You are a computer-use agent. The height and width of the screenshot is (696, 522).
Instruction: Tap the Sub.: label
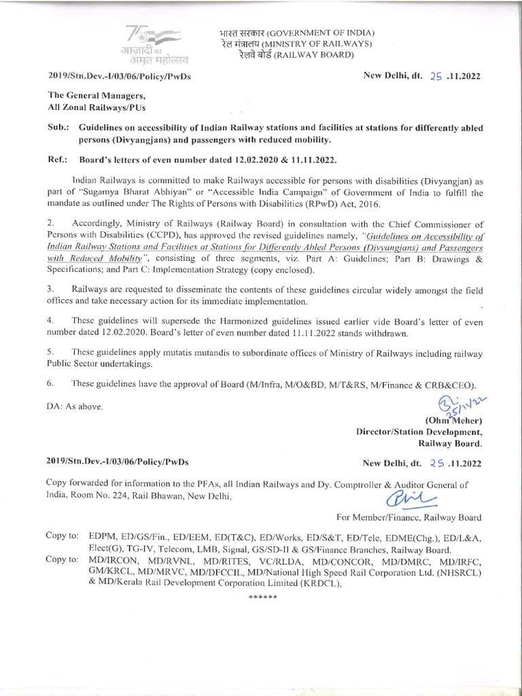coord(56,127)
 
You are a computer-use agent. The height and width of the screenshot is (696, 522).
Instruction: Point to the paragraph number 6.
coord(49,384)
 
